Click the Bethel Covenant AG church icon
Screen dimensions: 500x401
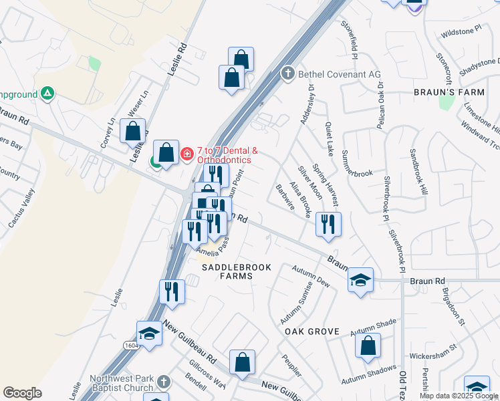(x=287, y=73)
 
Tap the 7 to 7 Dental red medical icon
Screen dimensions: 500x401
(x=187, y=154)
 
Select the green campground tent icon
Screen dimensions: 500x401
(x=47, y=93)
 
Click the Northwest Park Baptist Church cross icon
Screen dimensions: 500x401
(x=164, y=382)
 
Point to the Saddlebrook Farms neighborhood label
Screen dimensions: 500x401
(x=237, y=273)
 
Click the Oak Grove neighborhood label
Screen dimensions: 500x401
(x=312, y=331)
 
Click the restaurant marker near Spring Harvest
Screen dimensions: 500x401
(x=328, y=224)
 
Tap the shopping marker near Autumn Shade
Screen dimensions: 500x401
(x=368, y=346)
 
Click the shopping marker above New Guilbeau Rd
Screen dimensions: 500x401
(x=242, y=362)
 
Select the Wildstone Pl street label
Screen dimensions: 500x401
(x=461, y=31)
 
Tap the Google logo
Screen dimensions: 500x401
(x=23, y=393)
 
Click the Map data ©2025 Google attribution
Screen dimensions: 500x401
(x=459, y=396)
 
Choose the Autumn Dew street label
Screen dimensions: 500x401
(x=311, y=275)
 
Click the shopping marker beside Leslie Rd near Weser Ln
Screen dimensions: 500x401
(x=132, y=130)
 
